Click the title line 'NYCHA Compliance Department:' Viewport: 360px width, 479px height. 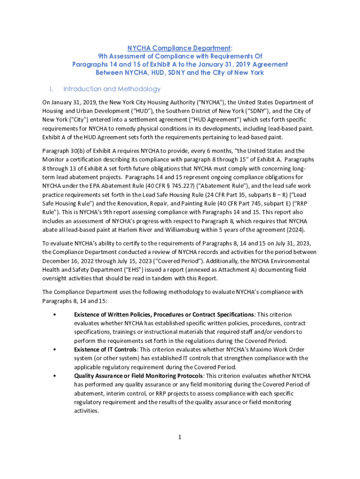180,48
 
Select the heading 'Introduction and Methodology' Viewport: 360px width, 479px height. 112,89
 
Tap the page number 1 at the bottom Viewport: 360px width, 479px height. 179,437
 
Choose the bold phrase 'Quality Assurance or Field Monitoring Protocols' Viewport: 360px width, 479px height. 138,376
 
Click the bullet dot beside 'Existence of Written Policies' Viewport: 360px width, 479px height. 55,314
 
